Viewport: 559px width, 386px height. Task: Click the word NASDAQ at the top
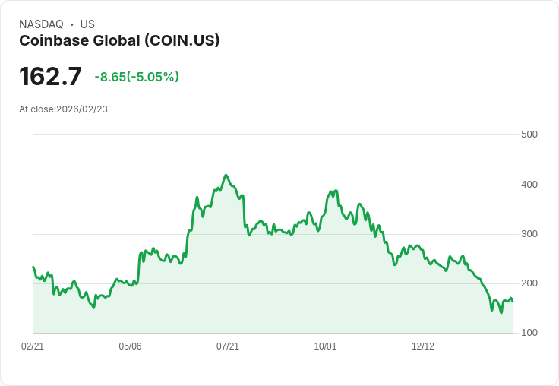pos(41,24)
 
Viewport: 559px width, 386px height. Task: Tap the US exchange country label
pos(87,24)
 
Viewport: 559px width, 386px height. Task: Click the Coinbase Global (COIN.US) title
pos(119,41)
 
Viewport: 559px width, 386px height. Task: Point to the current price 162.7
pos(50,77)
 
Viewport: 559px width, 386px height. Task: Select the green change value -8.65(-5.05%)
pos(137,77)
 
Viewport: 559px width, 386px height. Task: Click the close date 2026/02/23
pos(82,109)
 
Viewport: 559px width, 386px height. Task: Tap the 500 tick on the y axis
pos(529,134)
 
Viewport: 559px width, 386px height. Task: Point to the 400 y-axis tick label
pos(529,185)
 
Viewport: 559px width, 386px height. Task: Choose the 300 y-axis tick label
pos(529,234)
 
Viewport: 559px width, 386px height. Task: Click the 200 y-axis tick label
pos(529,283)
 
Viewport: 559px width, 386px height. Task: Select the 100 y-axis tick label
pos(529,333)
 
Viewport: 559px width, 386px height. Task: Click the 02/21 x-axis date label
pos(33,346)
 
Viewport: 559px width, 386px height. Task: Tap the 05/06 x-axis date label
pos(130,346)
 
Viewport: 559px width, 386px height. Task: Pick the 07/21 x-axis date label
pos(228,346)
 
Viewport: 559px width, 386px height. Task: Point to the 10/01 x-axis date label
pos(325,346)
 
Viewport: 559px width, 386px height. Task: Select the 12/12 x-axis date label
pos(423,346)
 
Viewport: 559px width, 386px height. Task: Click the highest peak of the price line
pos(226,175)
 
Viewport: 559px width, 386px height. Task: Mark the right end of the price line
pos(513,302)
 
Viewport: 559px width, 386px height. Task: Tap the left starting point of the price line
pos(33,267)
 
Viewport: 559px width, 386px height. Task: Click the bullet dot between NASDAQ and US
pos(72,24)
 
